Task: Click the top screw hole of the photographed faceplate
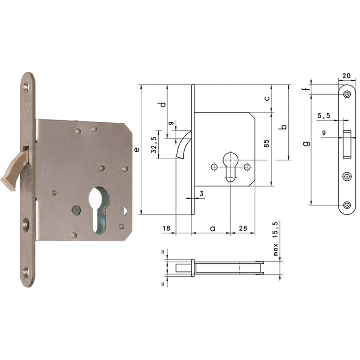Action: point(26,86)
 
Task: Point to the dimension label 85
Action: point(266,143)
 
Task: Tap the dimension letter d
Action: point(162,105)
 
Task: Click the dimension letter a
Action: point(212,229)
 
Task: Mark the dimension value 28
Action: point(242,229)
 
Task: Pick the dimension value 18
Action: point(166,229)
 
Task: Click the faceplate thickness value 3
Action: point(201,193)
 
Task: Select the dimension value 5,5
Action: point(324,115)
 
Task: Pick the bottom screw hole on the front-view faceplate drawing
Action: point(347,205)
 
